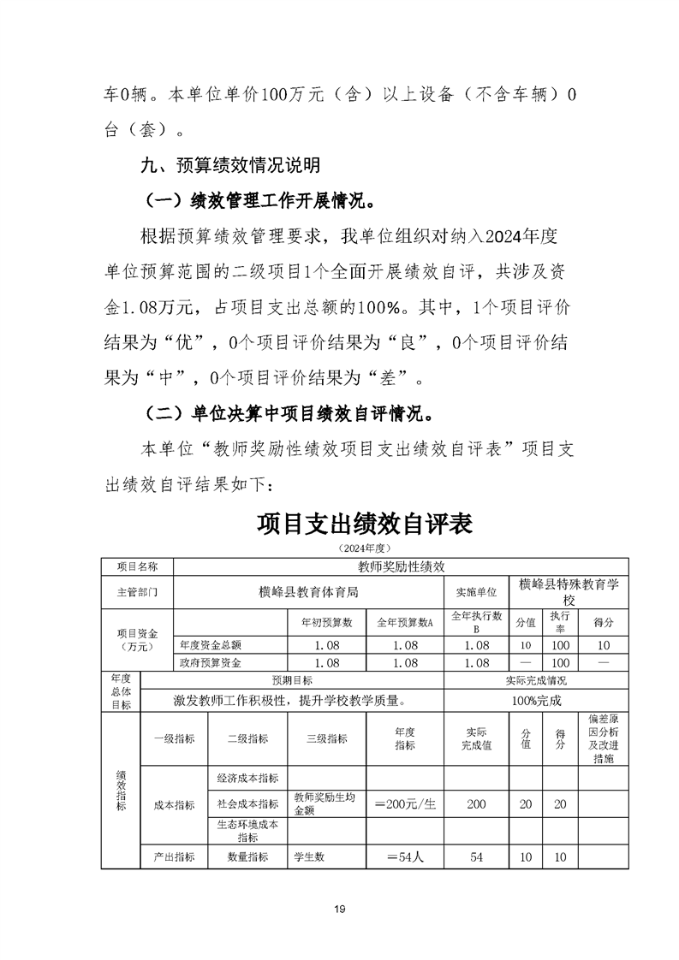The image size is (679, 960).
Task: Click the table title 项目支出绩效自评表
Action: point(364,524)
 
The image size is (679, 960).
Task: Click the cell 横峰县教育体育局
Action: point(308,591)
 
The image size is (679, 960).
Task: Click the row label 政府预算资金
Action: point(210,662)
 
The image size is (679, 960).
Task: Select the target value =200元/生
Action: point(405,804)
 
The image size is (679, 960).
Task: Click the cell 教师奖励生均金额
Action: point(326,804)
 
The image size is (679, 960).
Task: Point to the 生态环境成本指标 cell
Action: point(247,831)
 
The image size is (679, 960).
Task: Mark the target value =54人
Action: point(405,856)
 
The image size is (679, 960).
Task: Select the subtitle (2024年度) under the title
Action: point(364,548)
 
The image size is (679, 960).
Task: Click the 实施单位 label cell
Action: point(476,591)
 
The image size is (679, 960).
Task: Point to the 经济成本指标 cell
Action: point(247,778)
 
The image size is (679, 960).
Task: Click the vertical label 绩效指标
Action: point(120,791)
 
